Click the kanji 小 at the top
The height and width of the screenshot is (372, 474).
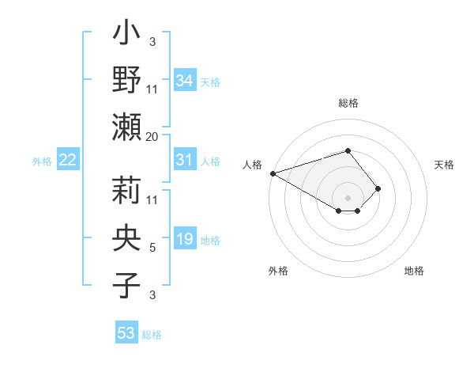(x=127, y=36)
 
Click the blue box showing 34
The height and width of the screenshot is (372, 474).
(x=185, y=80)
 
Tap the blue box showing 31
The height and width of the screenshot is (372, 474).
(x=185, y=160)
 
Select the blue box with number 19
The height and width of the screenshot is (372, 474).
(x=185, y=239)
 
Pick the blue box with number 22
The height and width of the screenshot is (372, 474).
(x=68, y=160)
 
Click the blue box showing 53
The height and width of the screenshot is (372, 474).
(x=126, y=333)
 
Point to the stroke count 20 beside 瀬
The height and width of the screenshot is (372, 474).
(x=152, y=137)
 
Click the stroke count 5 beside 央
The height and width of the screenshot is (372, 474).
(x=152, y=248)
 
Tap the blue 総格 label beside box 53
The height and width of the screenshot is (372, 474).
(x=152, y=335)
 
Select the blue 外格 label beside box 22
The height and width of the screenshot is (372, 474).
(x=42, y=161)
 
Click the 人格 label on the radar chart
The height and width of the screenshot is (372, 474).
(x=253, y=165)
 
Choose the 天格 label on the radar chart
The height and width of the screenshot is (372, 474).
(x=444, y=165)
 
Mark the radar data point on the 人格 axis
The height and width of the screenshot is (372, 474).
(x=273, y=173)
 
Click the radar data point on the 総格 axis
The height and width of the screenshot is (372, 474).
(x=348, y=150)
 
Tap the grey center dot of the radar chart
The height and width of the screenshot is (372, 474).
(x=348, y=197)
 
